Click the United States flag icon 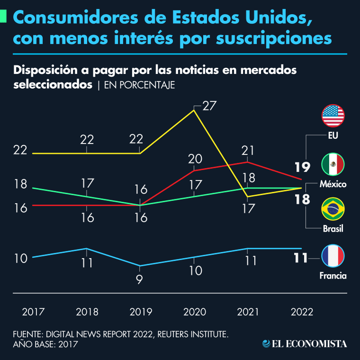[x=333, y=116]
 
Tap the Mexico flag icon [x=333, y=164]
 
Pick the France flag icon [x=333, y=256]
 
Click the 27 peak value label [x=209, y=106]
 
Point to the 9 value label [x=139, y=279]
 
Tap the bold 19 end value [x=302, y=167]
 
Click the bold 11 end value [x=299, y=258]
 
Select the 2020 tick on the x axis [x=194, y=312]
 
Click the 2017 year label [x=33, y=312]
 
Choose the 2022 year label [x=302, y=312]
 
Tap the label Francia [x=333, y=276]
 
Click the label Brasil [x=333, y=229]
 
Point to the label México [x=333, y=184]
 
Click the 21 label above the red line [x=248, y=151]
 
